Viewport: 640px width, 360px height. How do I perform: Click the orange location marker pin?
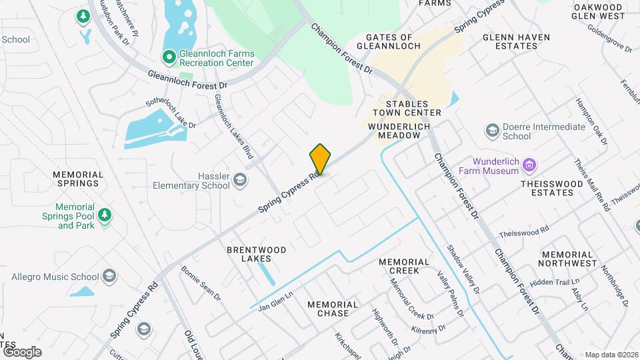[x=320, y=160]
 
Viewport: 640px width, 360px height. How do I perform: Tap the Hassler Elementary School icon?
[x=240, y=179]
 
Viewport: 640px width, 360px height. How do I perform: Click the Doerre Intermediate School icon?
[x=493, y=129]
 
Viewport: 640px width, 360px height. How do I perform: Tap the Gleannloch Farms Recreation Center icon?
[x=169, y=57]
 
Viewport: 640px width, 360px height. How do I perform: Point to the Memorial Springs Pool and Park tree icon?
[x=103, y=215]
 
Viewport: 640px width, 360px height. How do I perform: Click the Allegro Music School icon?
[x=109, y=276]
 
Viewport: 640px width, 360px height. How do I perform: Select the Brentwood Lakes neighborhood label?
[x=257, y=254]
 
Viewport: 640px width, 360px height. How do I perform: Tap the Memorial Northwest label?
[x=568, y=259]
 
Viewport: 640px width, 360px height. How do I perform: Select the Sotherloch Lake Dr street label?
[x=171, y=115]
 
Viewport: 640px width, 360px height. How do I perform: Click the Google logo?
[x=22, y=351]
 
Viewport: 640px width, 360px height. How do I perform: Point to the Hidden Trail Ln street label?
[x=550, y=282]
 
